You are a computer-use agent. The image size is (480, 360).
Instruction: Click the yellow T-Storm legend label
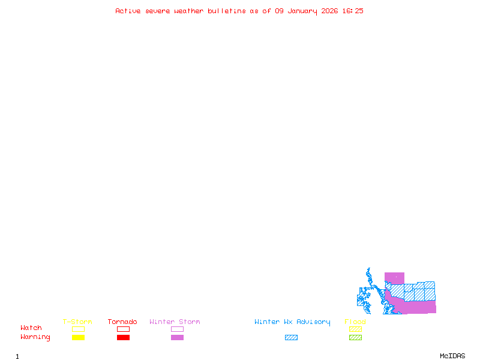tap(77, 322)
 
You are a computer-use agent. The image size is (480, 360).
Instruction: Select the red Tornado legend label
tap(122, 322)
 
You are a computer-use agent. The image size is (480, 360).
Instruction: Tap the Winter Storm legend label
tap(175, 322)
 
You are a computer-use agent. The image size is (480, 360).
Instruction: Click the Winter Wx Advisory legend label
tap(292, 322)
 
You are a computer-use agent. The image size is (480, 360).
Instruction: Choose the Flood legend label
tap(355, 322)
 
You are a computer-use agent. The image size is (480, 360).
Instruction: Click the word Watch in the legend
tap(31, 328)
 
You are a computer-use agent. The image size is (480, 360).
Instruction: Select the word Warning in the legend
tap(35, 337)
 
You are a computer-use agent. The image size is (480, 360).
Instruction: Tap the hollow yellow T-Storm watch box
tap(78, 329)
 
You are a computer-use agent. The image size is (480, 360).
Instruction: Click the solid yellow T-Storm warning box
tap(78, 338)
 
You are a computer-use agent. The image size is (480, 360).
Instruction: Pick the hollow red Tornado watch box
tap(123, 329)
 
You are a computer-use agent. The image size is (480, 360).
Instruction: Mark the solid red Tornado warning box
tap(123, 338)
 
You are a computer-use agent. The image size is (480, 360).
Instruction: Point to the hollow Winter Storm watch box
tap(177, 329)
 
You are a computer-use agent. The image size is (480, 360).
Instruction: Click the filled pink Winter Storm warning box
tap(177, 338)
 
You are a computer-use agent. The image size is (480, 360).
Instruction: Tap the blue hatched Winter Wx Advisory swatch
tap(291, 338)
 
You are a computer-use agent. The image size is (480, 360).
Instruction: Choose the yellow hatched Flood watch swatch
tap(355, 329)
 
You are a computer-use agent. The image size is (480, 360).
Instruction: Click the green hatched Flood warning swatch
tap(355, 338)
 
